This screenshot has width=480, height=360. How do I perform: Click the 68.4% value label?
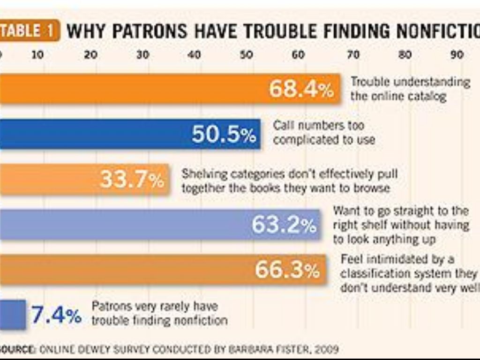point(301,89)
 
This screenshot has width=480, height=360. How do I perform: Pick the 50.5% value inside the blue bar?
point(224,135)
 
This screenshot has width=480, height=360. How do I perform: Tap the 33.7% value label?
point(132,180)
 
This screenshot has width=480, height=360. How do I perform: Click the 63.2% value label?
point(284,225)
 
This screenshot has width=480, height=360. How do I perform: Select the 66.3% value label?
point(287,270)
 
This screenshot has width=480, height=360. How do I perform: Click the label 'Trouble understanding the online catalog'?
point(410,89)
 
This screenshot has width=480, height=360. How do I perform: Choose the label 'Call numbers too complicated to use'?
point(324,133)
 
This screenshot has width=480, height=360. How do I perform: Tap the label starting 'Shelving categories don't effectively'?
point(289,181)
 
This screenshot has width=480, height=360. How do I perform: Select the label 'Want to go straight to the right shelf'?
point(401,225)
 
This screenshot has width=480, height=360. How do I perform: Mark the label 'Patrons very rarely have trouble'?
point(159,313)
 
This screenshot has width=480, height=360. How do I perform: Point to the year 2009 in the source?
point(326,349)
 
